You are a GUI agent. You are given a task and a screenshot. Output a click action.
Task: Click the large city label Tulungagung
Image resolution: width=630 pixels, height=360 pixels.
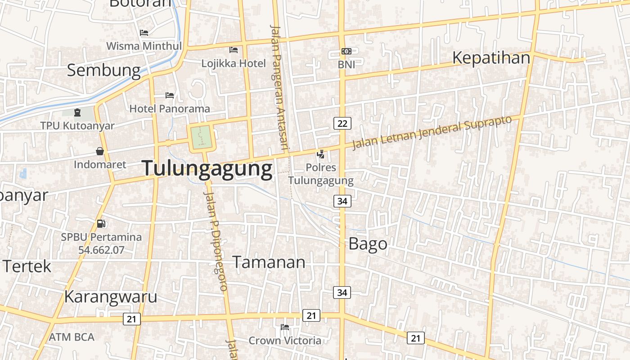click(x=207, y=169)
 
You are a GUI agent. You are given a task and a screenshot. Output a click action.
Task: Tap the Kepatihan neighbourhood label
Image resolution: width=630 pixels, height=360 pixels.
click(x=491, y=58)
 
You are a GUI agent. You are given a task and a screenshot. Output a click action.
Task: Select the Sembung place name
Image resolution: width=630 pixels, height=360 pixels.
click(x=104, y=70)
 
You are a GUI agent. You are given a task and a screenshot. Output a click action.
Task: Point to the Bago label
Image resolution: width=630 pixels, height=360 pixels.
click(x=368, y=244)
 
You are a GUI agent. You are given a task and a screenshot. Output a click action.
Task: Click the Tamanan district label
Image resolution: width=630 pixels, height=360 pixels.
click(x=269, y=262)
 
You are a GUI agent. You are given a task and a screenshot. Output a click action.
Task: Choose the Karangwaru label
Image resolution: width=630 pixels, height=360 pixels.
click(x=111, y=297)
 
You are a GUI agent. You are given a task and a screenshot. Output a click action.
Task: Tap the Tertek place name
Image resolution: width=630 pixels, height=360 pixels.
click(x=27, y=266)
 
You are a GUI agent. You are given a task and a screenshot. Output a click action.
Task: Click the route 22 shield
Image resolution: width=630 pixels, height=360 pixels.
click(x=342, y=123)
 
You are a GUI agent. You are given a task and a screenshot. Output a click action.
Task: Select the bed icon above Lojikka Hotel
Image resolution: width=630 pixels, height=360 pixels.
click(x=234, y=50)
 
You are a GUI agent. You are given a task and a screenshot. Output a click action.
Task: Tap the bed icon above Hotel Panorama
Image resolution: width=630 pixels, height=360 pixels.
click(x=170, y=95)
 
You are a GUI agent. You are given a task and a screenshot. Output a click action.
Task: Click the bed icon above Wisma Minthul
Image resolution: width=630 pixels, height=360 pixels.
click(x=144, y=33)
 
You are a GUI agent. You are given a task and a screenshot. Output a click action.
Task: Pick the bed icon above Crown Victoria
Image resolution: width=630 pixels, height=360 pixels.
click(x=285, y=327)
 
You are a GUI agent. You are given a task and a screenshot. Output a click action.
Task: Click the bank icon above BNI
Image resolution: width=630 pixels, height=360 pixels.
click(x=346, y=51)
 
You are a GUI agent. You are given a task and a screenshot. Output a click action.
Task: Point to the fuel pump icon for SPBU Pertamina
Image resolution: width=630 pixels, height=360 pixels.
click(x=101, y=224)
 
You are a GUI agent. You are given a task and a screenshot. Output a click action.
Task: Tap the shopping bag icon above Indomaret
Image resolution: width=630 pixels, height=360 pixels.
click(x=100, y=152)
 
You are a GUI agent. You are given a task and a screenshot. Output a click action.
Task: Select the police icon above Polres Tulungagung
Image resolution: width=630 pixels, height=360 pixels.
click(x=320, y=155)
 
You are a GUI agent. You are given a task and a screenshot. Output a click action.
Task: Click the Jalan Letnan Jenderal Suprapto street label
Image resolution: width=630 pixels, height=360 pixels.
click(x=432, y=131)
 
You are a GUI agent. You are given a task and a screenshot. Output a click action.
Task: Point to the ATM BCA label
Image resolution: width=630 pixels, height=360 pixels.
click(x=72, y=337)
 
